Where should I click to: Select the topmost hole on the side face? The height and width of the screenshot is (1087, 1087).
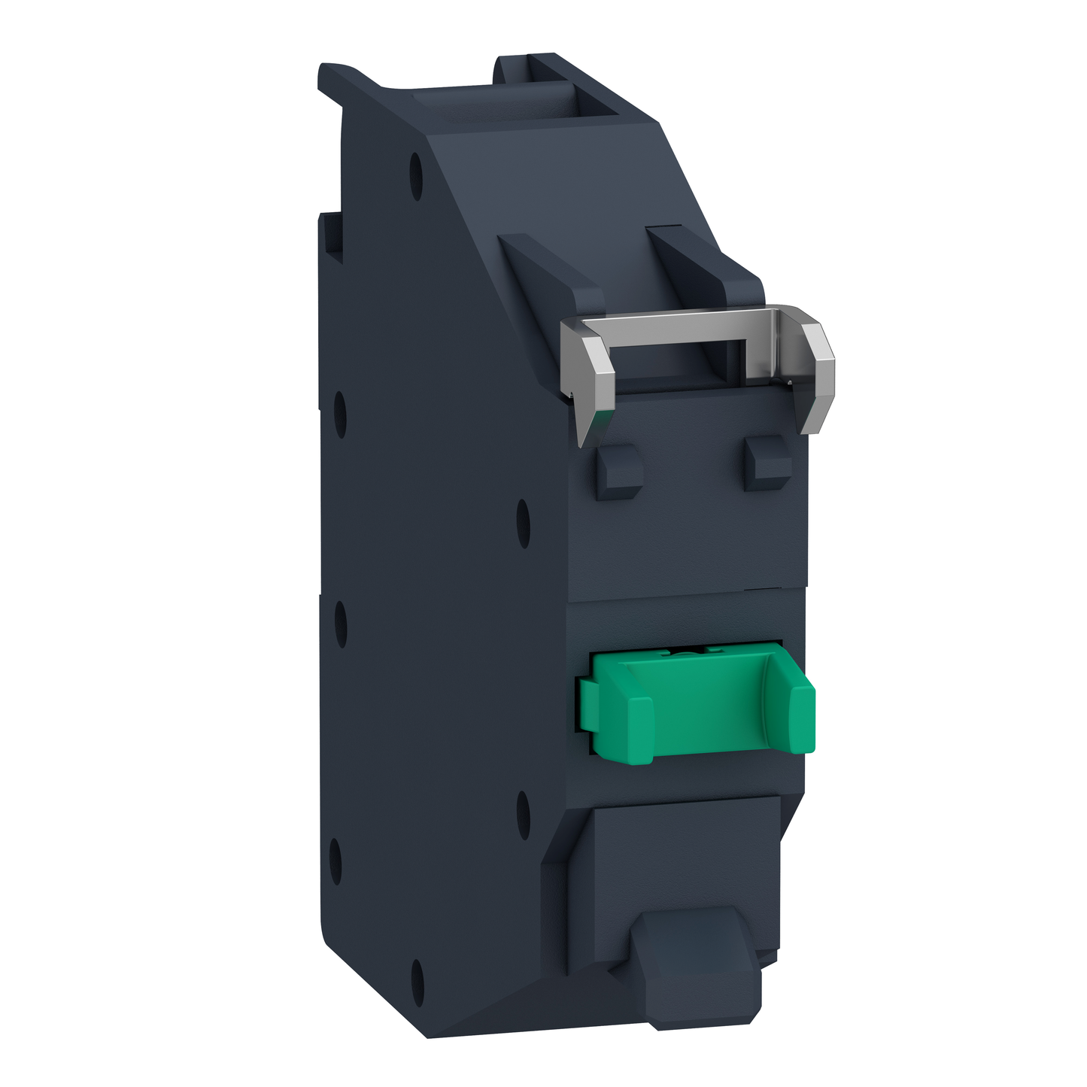[x=415, y=176]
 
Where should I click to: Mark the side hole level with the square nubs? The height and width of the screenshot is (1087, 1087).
[x=524, y=522]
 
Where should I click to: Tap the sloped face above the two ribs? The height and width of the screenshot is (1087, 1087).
[x=587, y=181]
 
